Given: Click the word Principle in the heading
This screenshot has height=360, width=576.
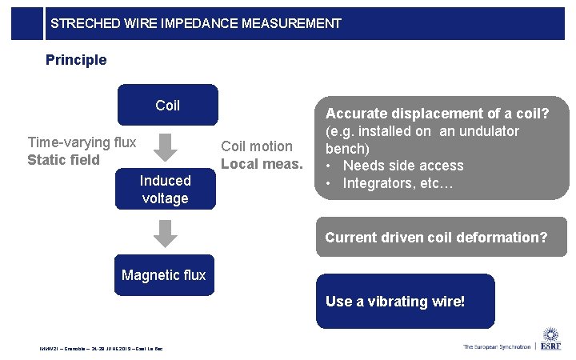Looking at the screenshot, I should coord(76,60).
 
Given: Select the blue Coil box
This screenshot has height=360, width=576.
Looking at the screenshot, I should coord(167,105).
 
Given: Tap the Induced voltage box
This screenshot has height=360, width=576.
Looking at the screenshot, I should coord(165,190).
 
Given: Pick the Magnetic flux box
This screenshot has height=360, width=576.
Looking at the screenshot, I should coord(164,275).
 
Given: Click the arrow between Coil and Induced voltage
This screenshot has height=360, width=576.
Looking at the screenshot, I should coord(165,147).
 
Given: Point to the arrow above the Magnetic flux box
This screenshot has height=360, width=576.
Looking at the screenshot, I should coord(165,232).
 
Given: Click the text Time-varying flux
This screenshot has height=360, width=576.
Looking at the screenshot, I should coord(82,142).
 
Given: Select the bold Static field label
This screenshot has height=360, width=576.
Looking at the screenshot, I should coord(63,160).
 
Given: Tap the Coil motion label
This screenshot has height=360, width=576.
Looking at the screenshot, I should coord(257,146).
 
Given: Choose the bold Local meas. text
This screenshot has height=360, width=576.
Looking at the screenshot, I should coord(262,164).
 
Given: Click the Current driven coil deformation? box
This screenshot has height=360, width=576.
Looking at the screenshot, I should coord(436,238).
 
